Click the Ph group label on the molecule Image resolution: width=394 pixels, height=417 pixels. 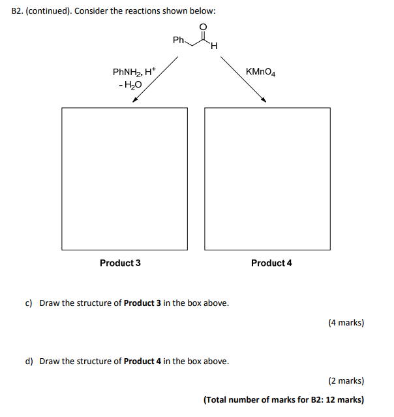(x=179, y=41)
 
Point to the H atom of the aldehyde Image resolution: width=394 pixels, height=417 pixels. (x=214, y=46)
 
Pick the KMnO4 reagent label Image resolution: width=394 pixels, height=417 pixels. (x=261, y=72)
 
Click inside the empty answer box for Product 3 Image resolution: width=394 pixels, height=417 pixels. (x=125, y=178)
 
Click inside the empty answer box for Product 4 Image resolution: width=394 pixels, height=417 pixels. (x=267, y=178)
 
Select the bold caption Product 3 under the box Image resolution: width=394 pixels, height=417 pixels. (x=120, y=263)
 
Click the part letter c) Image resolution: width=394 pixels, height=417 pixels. (x=29, y=303)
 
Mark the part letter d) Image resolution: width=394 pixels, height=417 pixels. (x=29, y=361)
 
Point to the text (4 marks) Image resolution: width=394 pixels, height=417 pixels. (x=346, y=323)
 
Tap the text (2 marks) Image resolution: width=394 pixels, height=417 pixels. (x=346, y=381)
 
